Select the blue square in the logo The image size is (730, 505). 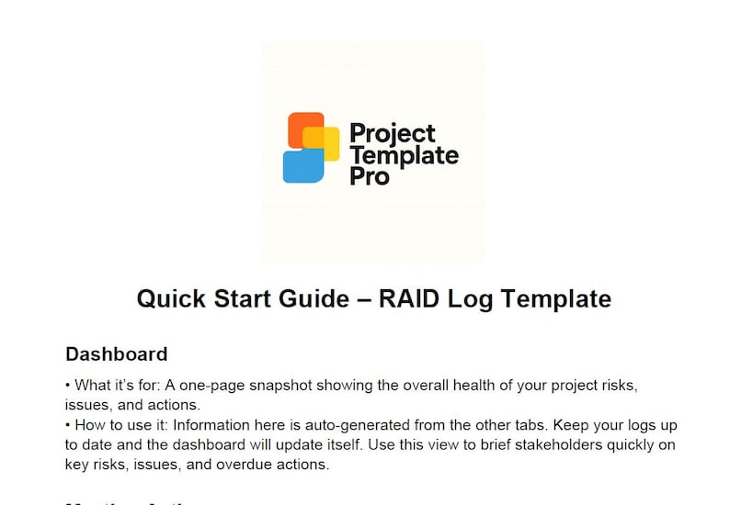[x=302, y=165]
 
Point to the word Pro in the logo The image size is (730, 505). [x=370, y=175]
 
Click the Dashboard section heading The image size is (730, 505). [x=116, y=353]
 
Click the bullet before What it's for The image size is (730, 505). [x=69, y=386]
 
